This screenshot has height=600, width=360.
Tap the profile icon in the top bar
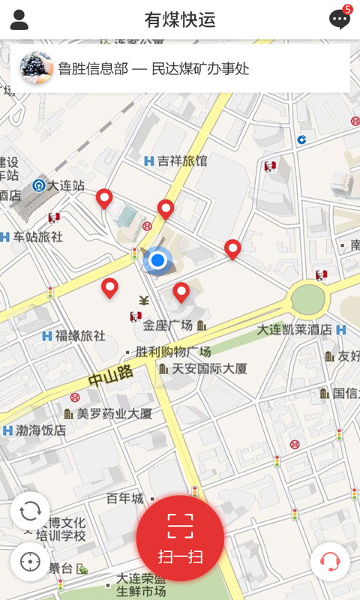click(x=19, y=19)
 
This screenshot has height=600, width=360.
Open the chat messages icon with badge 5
click(x=340, y=19)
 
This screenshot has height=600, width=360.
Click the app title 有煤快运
click(x=180, y=20)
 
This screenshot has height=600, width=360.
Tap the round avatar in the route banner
click(x=36, y=68)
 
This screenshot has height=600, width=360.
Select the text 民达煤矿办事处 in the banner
click(x=201, y=69)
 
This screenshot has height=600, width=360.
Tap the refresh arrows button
click(x=30, y=511)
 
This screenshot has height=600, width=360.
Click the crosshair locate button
click(x=30, y=561)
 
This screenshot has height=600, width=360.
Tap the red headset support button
click(x=330, y=561)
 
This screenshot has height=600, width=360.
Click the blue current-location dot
click(x=157, y=260)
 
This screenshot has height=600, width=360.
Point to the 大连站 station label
click(x=65, y=185)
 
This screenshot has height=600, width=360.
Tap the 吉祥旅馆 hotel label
click(x=182, y=160)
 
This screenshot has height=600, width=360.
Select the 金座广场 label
click(x=168, y=325)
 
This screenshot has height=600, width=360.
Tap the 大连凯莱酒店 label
click(x=294, y=329)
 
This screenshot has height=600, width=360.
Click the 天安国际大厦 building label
click(x=209, y=368)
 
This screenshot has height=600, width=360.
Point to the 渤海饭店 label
click(x=41, y=430)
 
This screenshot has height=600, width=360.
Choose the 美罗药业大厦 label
click(x=114, y=413)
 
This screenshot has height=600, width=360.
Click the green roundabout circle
click(x=308, y=300)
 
